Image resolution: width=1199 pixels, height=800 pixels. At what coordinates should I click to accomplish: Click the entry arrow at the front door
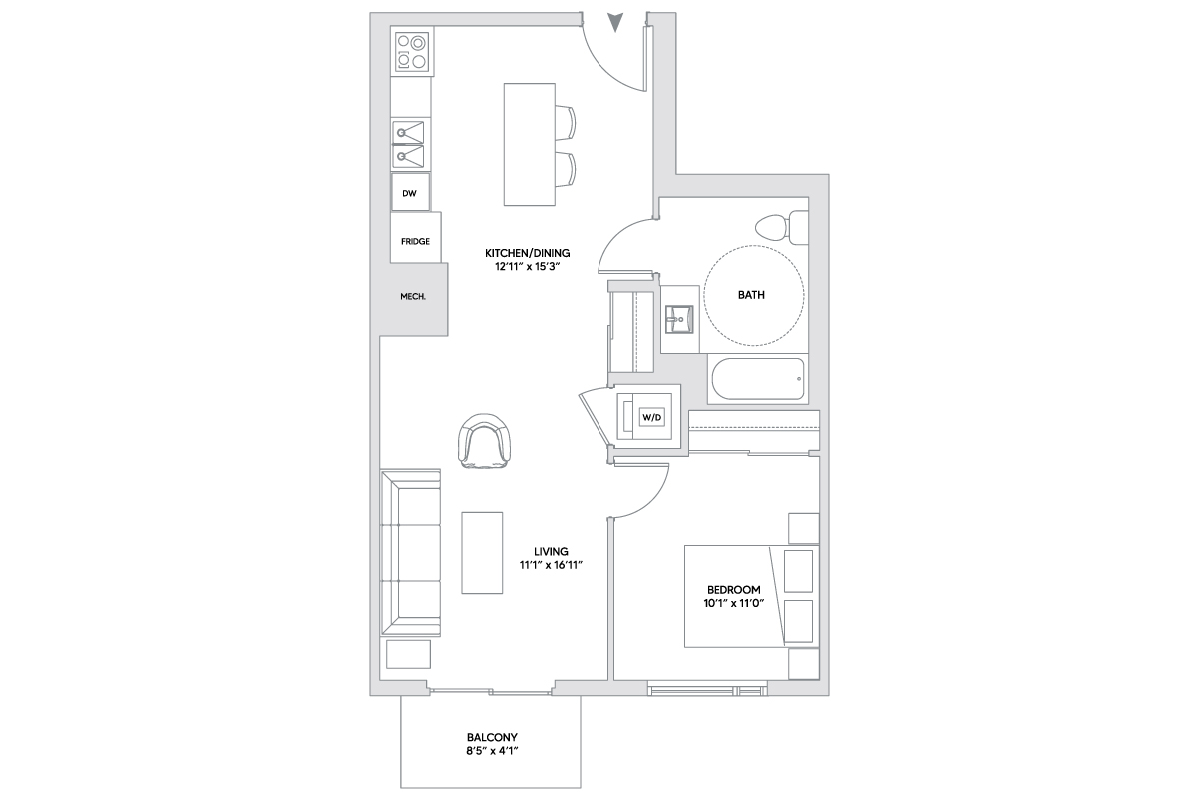point(615,22)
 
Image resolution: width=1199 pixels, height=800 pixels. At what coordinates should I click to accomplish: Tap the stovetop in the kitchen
point(412,51)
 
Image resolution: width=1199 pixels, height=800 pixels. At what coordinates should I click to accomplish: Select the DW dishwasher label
point(409,193)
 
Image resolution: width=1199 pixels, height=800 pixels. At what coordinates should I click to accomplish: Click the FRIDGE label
point(415,242)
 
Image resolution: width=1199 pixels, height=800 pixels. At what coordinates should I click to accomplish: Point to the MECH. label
point(413,296)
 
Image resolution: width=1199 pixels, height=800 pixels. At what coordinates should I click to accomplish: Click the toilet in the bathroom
point(782,228)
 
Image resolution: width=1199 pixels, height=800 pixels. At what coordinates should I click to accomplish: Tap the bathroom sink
point(679,319)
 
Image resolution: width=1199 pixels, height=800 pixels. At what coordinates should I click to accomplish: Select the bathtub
point(758,379)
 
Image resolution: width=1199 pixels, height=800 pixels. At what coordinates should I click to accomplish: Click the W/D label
point(651,417)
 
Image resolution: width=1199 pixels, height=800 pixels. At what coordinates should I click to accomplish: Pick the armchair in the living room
point(484,441)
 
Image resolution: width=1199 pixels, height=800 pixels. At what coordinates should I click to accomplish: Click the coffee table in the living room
point(482,552)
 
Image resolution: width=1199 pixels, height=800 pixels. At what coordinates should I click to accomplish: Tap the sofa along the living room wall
point(410,553)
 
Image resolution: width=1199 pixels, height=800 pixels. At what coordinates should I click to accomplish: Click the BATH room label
point(751,295)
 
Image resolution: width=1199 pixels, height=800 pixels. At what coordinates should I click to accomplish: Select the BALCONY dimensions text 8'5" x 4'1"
point(492,751)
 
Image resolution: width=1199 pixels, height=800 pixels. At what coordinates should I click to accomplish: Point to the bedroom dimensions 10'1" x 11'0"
point(733,603)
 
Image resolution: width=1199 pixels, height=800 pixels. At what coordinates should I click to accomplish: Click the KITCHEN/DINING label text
point(528,253)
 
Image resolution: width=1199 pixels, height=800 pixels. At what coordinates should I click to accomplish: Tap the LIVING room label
point(551,551)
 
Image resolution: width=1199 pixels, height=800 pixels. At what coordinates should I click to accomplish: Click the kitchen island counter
point(529,144)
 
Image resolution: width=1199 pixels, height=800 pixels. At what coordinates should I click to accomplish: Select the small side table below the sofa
point(408,654)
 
